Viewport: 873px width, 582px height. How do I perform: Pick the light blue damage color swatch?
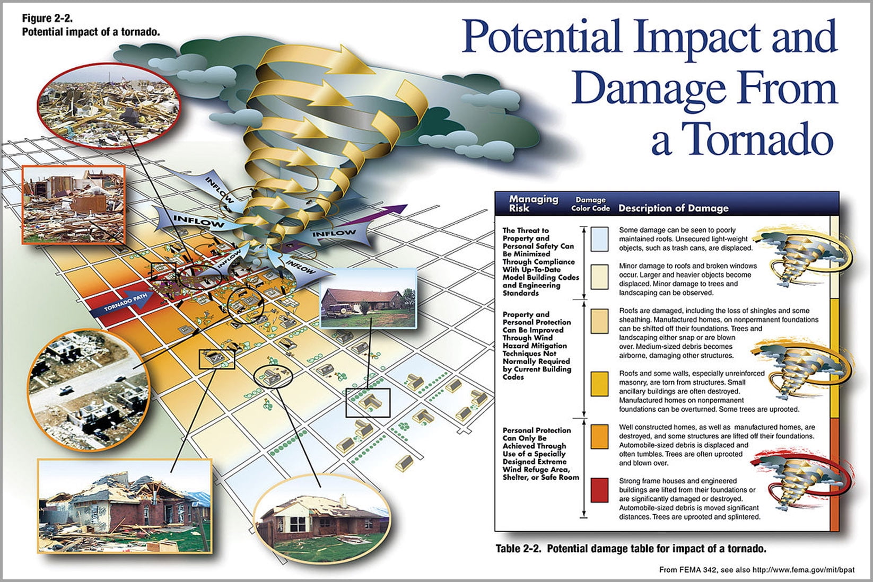[x=599, y=239]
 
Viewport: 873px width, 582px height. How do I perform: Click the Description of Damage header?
[x=673, y=208]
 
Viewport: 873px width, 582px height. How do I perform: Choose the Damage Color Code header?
[x=590, y=204]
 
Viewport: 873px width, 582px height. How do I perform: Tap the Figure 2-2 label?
[x=48, y=19]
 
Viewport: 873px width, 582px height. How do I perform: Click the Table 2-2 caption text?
[x=631, y=549]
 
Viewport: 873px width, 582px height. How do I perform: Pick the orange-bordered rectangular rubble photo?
[x=74, y=205]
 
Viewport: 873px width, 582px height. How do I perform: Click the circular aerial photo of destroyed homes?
[x=88, y=390]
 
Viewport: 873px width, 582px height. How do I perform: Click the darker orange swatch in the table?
[x=599, y=436]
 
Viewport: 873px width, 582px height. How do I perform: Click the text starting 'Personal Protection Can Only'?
[x=540, y=454]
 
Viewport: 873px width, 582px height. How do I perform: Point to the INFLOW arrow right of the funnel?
[x=334, y=233]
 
